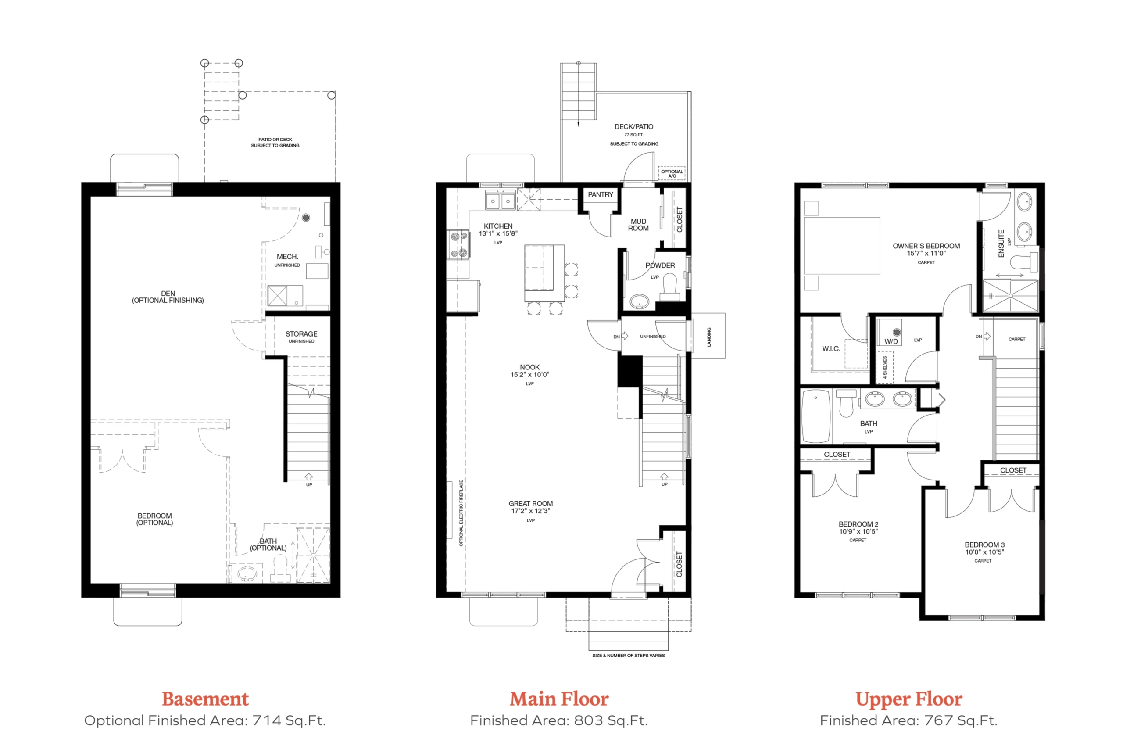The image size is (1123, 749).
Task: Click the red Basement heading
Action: [x=205, y=699]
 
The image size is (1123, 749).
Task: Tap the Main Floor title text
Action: [x=559, y=699]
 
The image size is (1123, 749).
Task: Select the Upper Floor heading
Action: [x=908, y=700]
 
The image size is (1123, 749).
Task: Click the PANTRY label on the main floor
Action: [x=600, y=194]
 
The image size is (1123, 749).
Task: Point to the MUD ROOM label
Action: [x=638, y=225]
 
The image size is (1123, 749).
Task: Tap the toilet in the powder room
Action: [x=670, y=287]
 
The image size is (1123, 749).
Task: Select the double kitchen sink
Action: [x=501, y=201]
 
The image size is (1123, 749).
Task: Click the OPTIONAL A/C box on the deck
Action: [x=671, y=173]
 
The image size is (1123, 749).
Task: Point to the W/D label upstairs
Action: [x=891, y=341]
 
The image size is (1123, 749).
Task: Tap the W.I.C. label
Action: [x=831, y=349]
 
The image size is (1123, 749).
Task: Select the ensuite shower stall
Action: [x=1010, y=296]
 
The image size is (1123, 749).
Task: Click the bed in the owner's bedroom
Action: [x=842, y=246]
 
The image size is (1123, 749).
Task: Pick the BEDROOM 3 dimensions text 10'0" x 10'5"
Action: [x=984, y=552]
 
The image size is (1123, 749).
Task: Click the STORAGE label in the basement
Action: [x=301, y=334]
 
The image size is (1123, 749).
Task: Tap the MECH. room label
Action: [x=287, y=257]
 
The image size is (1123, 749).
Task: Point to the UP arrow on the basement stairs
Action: [x=309, y=476]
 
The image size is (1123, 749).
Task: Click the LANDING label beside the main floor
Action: [x=709, y=337]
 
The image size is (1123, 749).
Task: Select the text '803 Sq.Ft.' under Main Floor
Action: [x=611, y=720]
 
